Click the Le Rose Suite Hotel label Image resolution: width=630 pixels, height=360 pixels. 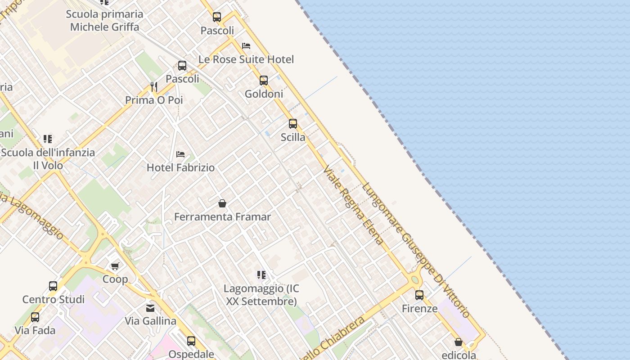(x=246, y=59)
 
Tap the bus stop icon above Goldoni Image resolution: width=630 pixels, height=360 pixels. (x=264, y=81)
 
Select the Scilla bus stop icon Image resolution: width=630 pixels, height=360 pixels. (x=293, y=124)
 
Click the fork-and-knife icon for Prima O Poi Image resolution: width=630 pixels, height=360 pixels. (x=154, y=86)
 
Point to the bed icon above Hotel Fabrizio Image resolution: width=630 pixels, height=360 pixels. (x=180, y=154)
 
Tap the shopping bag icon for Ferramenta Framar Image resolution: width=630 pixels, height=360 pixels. (x=222, y=203)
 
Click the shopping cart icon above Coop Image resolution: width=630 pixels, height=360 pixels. (x=115, y=266)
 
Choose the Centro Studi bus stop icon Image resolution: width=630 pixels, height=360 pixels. (x=53, y=286)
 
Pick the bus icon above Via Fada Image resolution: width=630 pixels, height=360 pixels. (x=35, y=317)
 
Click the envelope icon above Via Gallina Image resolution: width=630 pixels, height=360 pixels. (x=150, y=308)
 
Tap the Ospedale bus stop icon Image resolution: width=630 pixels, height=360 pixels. (x=191, y=341)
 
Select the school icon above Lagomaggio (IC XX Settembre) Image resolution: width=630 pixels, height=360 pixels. (x=261, y=274)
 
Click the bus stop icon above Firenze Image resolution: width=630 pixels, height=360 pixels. (x=419, y=295)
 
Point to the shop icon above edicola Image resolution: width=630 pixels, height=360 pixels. (x=459, y=342)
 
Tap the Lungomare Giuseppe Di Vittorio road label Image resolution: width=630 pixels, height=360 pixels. (x=416, y=250)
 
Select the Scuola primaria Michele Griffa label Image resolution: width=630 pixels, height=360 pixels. (x=104, y=20)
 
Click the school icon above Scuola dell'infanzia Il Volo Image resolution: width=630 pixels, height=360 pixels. (x=48, y=139)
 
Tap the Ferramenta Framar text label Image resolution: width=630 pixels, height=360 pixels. (x=222, y=217)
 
